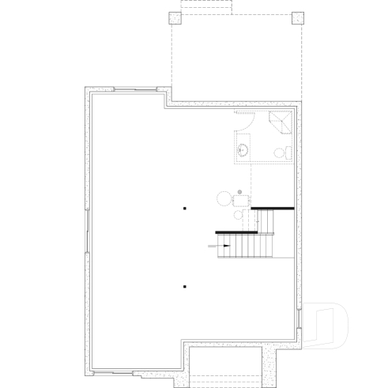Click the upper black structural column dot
[x=184, y=209]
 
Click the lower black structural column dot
[x=184, y=285]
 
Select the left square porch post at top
[x=175, y=19]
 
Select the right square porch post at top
[x=296, y=19]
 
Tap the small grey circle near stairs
[x=239, y=191]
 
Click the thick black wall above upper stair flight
[x=273, y=209]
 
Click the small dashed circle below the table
[x=239, y=214]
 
